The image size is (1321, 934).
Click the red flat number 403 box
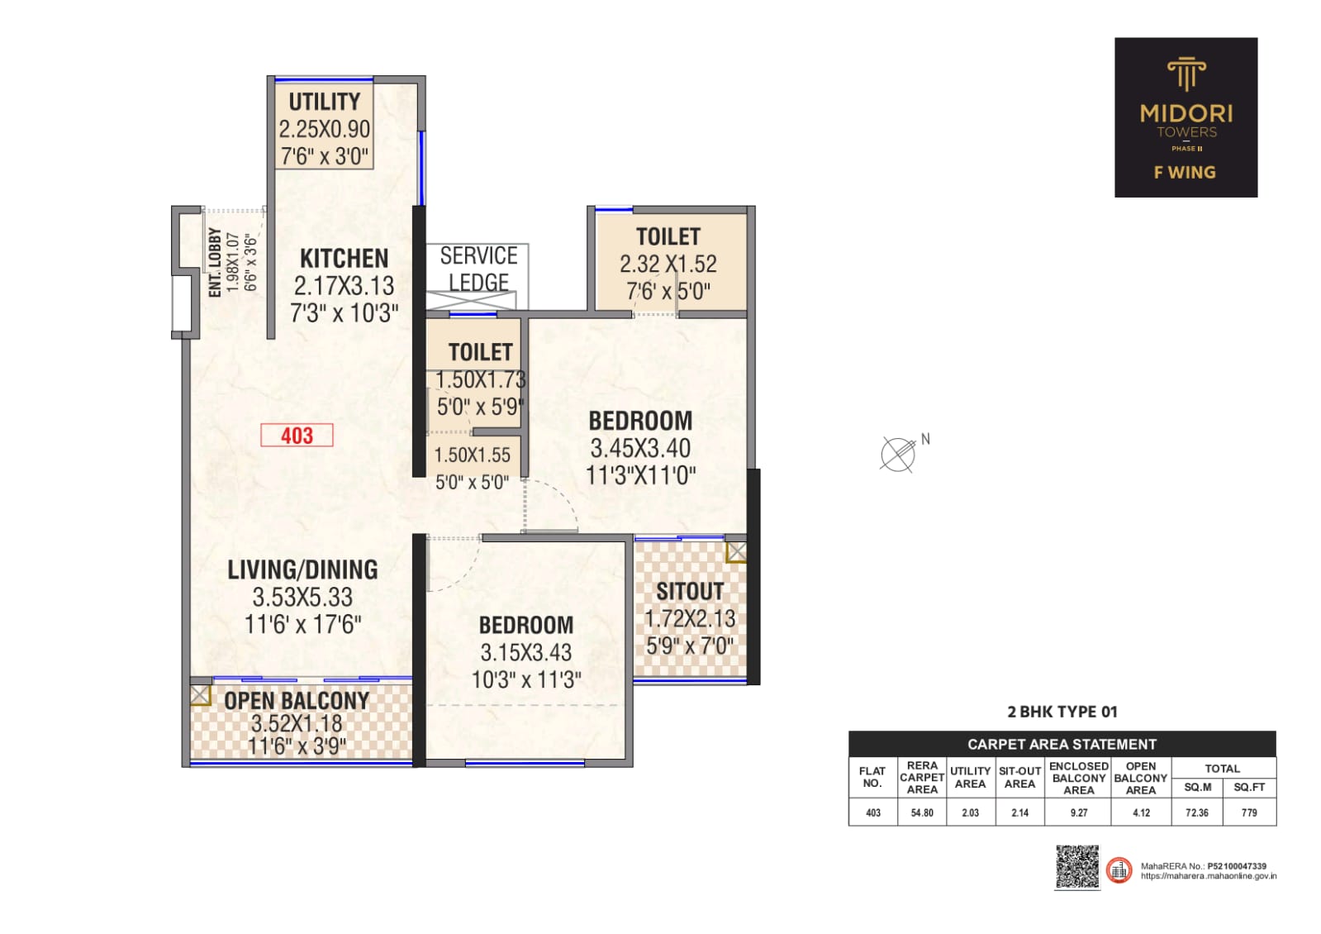tap(297, 436)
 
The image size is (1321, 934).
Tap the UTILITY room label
tap(325, 102)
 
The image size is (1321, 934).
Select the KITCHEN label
tap(345, 259)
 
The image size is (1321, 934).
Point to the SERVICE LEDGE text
tap(478, 269)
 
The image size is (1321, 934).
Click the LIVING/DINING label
tap(302, 569)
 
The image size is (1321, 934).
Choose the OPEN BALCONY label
tap(297, 701)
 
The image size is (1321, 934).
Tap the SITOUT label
tap(690, 591)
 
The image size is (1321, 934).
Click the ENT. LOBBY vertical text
tap(215, 263)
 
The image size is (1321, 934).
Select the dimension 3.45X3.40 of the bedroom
tap(640, 449)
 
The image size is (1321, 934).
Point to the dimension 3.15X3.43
tap(526, 653)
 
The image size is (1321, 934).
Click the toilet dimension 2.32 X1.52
tap(668, 264)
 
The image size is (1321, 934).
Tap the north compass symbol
tap(898, 455)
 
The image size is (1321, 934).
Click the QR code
tap(1077, 867)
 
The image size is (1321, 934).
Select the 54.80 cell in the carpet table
tap(922, 812)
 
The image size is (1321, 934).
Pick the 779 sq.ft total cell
tap(1249, 812)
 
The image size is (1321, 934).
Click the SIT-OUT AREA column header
tap(1019, 778)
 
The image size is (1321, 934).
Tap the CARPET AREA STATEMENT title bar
tap(1062, 744)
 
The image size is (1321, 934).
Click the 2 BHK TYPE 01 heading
tap(1062, 712)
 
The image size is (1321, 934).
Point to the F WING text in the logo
tap(1185, 172)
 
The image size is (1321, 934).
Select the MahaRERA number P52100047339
tap(1237, 866)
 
